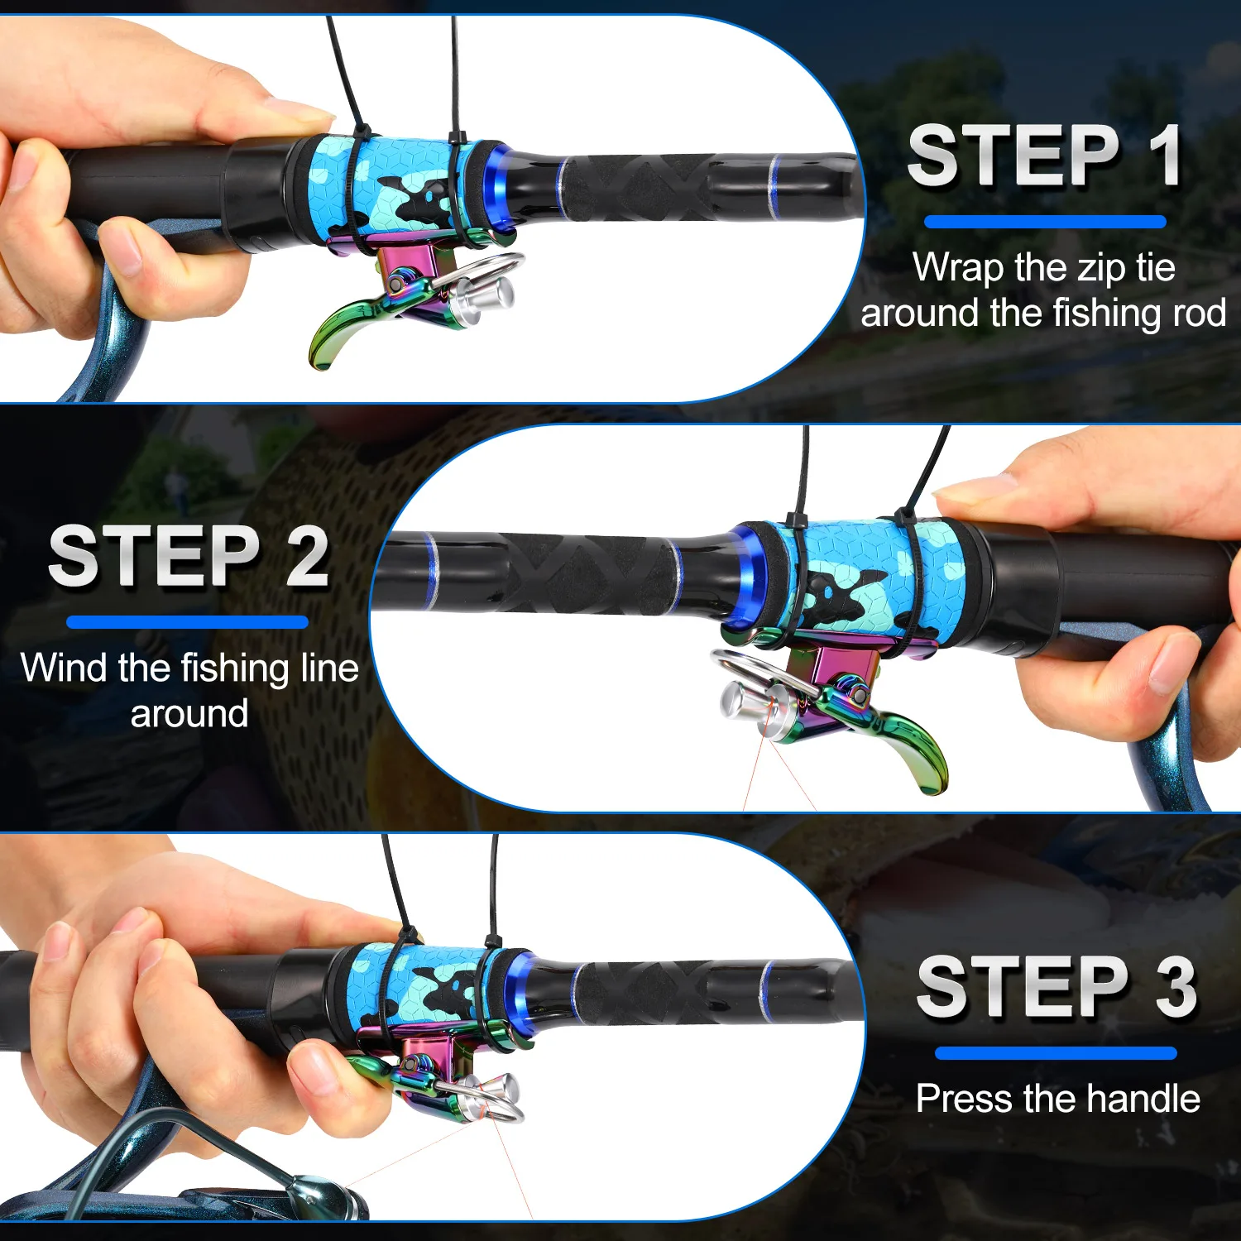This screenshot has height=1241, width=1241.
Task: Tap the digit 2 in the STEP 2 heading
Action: [307, 556]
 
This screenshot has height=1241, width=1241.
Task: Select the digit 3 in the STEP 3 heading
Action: [1176, 986]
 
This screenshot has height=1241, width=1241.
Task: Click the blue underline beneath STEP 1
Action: [1045, 222]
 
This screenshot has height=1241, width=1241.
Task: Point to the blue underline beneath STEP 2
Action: [187, 622]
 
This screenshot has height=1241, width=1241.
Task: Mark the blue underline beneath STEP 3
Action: [1056, 1053]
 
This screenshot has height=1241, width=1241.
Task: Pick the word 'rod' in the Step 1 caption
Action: [1199, 314]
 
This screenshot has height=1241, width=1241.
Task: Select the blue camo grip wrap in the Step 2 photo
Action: [869, 579]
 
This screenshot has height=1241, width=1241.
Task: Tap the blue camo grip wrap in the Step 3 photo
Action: [414, 989]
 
